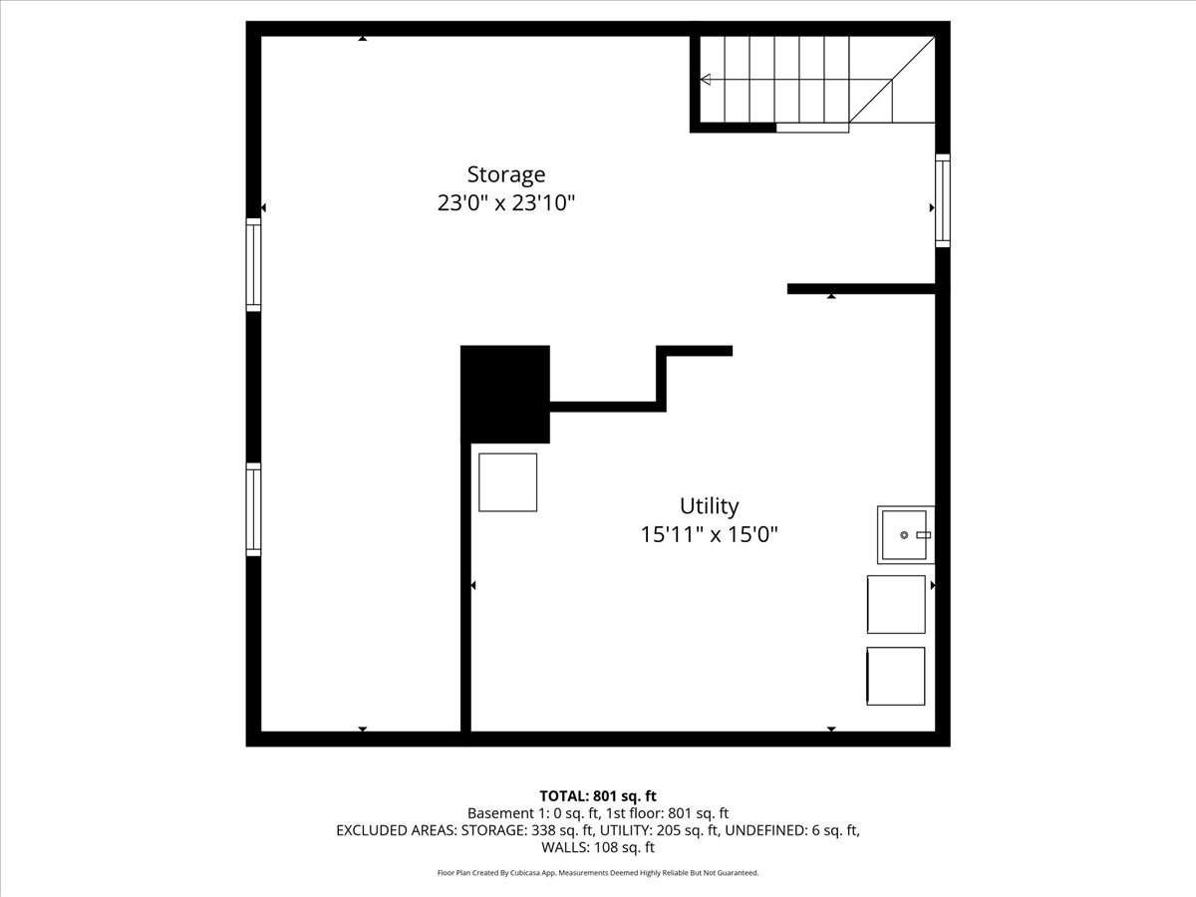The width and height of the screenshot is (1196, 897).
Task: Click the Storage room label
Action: point(506,174)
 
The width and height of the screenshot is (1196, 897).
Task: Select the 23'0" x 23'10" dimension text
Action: point(506,203)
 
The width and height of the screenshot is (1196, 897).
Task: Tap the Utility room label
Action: point(709,505)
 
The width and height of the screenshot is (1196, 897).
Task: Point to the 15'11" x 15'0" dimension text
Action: point(709,534)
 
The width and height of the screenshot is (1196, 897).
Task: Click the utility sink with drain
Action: point(905,534)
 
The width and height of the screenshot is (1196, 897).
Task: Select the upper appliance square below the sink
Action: point(896,604)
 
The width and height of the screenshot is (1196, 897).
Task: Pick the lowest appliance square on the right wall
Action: point(896,677)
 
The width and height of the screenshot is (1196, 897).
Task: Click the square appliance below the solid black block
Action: point(507,482)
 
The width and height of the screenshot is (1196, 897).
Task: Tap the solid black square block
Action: point(505,394)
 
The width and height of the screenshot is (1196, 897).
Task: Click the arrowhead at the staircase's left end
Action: point(706,80)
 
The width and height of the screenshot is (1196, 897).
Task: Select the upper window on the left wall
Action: point(253,265)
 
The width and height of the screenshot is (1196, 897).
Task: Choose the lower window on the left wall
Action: point(253,509)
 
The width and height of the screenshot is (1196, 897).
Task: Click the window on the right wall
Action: point(942,200)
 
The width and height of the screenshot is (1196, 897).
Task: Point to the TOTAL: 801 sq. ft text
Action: point(598,795)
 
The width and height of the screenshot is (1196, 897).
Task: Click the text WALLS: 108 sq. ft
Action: point(598,848)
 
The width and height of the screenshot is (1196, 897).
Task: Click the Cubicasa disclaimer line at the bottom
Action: point(598,873)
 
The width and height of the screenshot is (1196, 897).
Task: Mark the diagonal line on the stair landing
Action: point(892,80)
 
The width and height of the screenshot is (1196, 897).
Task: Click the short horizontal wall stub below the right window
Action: point(861,289)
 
